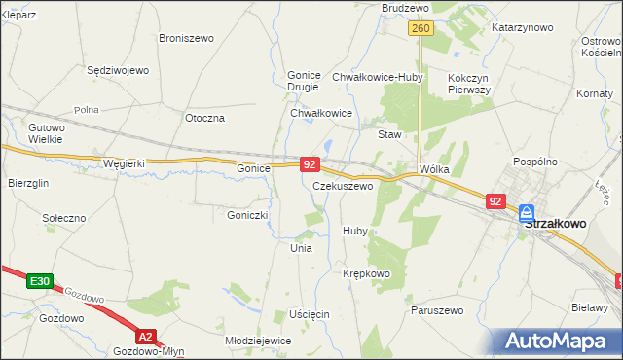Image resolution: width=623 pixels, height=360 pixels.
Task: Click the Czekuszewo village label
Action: click(x=343, y=186)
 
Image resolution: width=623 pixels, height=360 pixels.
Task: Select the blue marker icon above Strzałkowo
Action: click(x=527, y=211)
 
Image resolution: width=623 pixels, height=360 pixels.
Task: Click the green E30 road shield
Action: click(x=39, y=281)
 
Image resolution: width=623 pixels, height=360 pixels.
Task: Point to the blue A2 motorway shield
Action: click(x=145, y=337)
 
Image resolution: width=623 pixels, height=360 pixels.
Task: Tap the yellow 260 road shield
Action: click(x=421, y=29)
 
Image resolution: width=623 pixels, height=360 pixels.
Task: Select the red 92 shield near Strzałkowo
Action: click(x=495, y=201)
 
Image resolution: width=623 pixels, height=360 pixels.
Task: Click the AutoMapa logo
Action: click(x=560, y=342)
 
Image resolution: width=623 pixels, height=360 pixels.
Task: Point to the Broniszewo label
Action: click(x=186, y=38)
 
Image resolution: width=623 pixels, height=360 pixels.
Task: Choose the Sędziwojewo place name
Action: click(x=117, y=71)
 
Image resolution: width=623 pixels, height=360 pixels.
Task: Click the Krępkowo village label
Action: click(x=366, y=274)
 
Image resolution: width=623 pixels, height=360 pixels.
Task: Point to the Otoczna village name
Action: click(x=204, y=118)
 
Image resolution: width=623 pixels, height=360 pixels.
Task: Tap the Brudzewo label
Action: click(x=406, y=8)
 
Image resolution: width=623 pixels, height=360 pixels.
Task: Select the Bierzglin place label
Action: click(x=28, y=183)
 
